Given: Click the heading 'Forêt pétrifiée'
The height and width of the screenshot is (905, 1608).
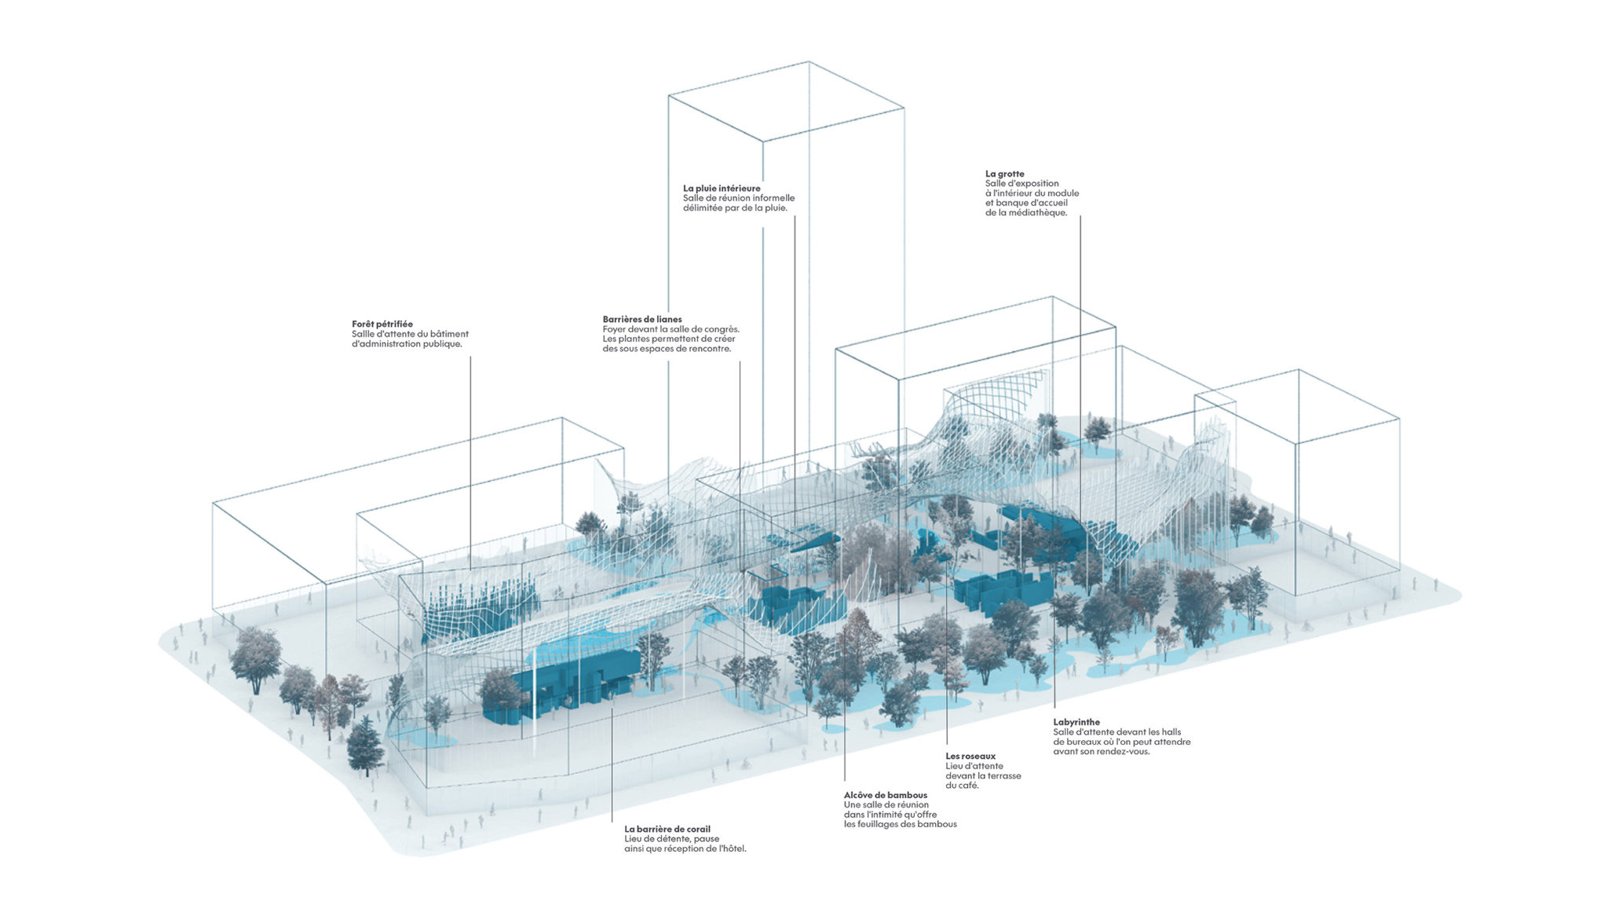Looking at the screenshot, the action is pos(382,324).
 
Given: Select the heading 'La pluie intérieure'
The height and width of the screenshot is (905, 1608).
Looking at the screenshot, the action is pos(722,189).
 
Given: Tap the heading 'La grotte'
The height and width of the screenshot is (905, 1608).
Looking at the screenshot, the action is pos(1005,174).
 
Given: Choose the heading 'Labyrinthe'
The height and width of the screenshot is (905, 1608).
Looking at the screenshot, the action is pos(1076,722).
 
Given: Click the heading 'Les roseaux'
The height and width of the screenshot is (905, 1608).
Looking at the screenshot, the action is pos(970,756).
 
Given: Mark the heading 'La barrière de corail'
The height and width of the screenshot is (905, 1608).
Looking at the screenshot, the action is pos(667,829).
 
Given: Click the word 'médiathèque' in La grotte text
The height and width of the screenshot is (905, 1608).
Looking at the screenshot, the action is pos(1040,213).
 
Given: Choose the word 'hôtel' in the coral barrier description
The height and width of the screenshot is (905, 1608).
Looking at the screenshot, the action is pos(732,849).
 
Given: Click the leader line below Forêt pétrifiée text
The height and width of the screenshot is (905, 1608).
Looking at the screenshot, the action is pos(471,463).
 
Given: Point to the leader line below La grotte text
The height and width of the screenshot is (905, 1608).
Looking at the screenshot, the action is pos(1080,405).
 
